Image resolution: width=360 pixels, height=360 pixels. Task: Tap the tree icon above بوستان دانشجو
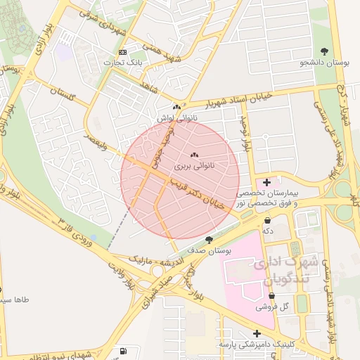pos(323,51)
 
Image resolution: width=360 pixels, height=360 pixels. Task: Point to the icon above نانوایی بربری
pos(194,155)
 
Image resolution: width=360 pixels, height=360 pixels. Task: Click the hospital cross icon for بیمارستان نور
pos(266,182)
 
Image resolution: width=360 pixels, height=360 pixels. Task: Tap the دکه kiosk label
pos(267,230)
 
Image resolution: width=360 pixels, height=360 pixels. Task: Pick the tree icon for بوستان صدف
pos(209,240)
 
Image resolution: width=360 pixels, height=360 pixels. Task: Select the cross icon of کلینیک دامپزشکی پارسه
pos(257,333)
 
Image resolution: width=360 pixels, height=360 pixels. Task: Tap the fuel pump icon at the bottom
pos(124,350)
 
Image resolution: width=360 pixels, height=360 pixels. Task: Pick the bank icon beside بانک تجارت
pos(123,53)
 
